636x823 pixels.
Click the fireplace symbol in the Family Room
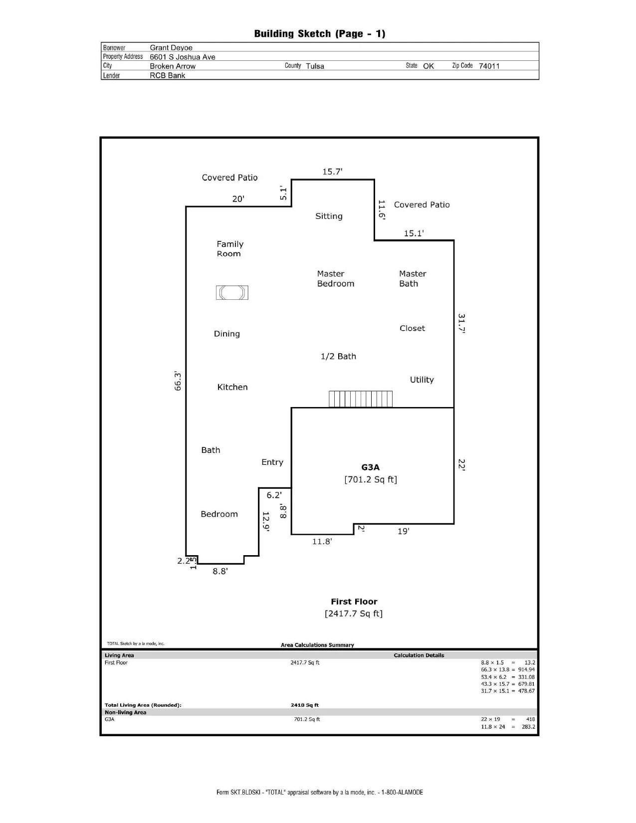232,292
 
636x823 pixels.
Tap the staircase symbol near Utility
360,399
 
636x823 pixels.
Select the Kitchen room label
232,387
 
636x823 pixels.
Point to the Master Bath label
413,278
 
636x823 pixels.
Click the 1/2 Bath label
338,357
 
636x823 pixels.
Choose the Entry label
272,462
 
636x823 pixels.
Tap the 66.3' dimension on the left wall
178,381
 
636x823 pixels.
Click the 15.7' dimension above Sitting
332,172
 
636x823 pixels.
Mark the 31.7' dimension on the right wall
461,323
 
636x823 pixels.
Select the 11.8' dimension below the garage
322,542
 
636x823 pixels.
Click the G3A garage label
370,467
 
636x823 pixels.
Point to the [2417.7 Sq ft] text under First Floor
354,613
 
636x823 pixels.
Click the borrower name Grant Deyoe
171,48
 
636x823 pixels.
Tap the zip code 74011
489,66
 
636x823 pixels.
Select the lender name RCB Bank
168,75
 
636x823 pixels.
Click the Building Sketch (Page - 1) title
320,34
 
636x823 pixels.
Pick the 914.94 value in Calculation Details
526,669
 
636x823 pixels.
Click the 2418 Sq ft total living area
305,705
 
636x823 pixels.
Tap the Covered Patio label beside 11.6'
422,205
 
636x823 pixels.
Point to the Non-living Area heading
125,712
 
